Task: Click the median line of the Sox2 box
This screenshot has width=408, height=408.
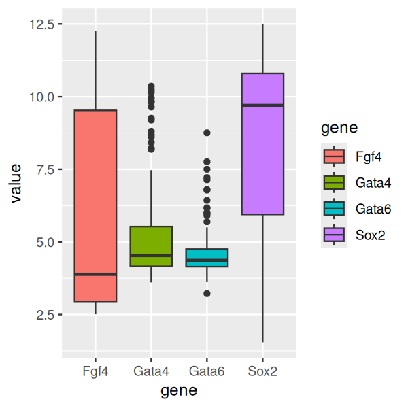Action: pos(262,105)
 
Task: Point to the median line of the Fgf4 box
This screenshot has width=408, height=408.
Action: pos(95,274)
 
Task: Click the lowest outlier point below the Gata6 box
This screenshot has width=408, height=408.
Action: pos(207,294)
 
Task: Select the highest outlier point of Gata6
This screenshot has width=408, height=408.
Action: pos(207,133)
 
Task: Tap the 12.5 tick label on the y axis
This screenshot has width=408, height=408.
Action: pos(43,24)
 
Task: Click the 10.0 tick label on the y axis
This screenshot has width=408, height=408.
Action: pos(43,97)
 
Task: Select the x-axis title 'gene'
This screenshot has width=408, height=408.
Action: pos(179,391)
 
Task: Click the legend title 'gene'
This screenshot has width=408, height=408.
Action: pos(339,127)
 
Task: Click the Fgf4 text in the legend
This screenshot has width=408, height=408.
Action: pos(368,156)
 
